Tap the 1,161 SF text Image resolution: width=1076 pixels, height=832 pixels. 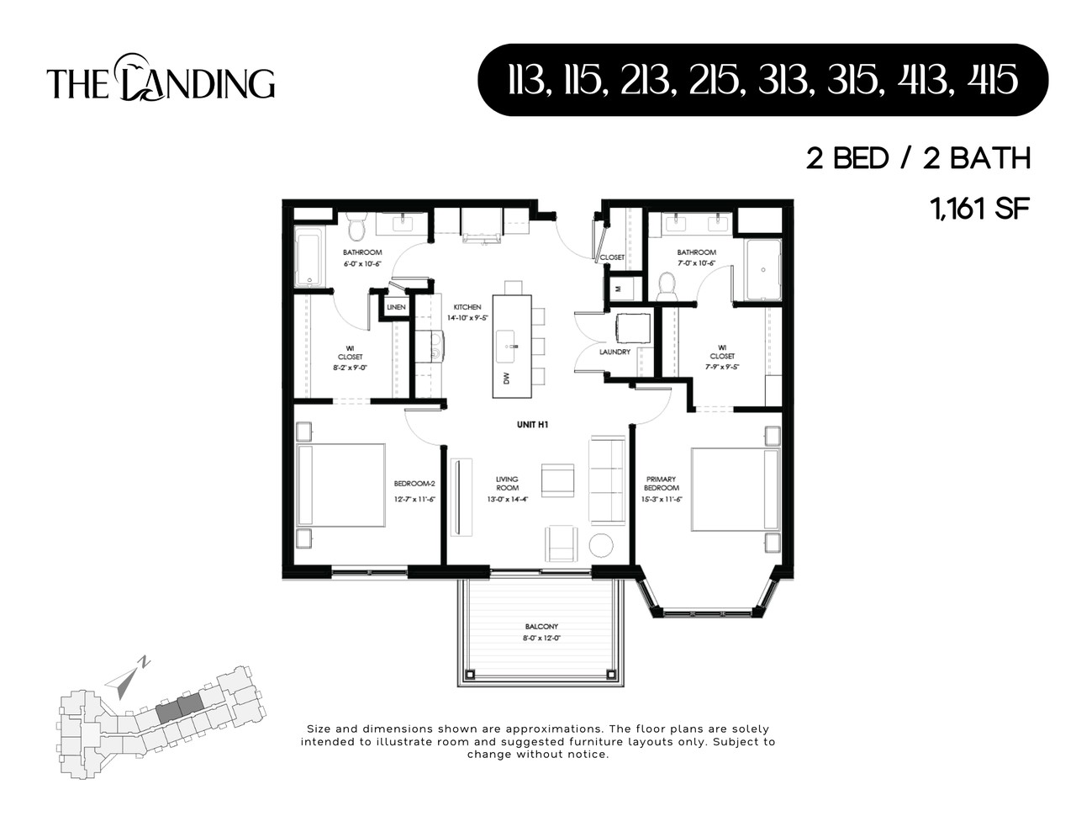coord(979,208)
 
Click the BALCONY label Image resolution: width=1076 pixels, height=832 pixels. coord(541,627)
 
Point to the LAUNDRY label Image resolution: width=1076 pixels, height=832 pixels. coord(614,352)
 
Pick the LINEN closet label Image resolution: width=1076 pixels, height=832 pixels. coord(397,308)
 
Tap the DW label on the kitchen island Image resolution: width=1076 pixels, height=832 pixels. coord(506,379)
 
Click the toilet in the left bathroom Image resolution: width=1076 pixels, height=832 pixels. coord(356,227)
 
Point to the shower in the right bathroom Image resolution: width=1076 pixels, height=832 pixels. coord(763,269)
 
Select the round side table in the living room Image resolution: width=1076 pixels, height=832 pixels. coord(601,545)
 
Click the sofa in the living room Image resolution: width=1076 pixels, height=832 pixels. coord(606,480)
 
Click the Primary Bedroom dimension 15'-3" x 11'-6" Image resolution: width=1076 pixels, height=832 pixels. coord(662,499)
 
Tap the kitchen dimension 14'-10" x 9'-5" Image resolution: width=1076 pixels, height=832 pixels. coord(467,318)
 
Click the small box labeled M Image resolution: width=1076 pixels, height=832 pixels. coord(619,288)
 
